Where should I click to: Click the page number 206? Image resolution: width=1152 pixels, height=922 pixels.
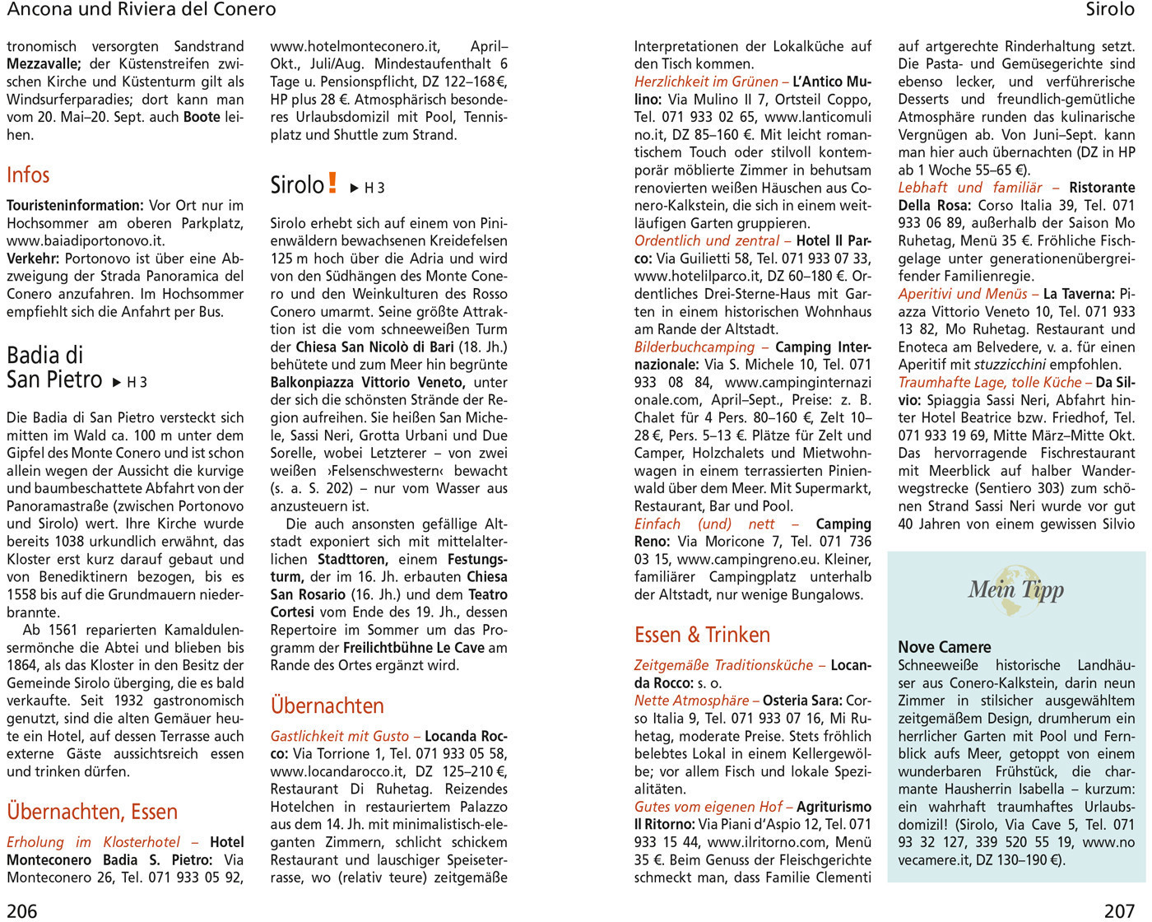pos(22,910)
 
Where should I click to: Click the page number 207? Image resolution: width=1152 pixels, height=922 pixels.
pos(1119,910)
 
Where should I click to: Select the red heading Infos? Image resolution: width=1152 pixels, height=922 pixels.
pos(28,175)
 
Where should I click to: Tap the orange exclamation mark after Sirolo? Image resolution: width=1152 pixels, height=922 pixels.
pos(332,183)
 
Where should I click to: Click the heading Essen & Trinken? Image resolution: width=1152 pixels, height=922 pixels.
pos(702,635)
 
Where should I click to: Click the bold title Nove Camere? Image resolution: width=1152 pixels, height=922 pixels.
pos(944,647)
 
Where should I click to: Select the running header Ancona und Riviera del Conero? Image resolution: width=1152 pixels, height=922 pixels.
pos(142,10)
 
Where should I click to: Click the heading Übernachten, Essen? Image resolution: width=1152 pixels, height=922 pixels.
pos(92,812)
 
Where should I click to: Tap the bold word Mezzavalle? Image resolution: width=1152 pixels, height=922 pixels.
pos(44,63)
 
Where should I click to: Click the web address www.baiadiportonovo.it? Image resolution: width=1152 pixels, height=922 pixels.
pos(86,240)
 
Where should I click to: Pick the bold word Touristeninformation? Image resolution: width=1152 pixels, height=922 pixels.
pos(75,205)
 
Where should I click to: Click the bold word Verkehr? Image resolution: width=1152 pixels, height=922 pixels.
pos(32,258)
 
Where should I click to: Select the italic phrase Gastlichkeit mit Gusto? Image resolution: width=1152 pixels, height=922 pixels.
pos(339,736)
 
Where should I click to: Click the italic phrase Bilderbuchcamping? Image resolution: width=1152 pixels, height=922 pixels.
pos(694,347)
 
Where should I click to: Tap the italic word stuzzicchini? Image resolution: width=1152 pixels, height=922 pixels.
pos(1017,364)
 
